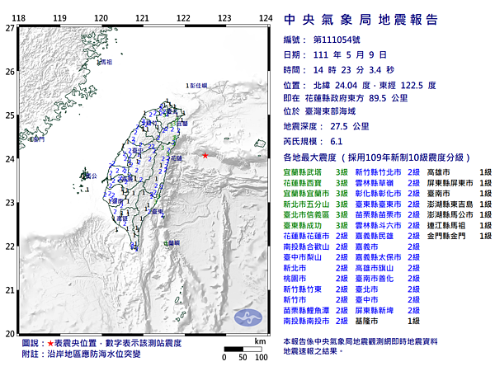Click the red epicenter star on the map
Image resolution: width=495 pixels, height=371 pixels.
pos(205,155)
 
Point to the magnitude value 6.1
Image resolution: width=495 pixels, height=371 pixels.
pos(337,141)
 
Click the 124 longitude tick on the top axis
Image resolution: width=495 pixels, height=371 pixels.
pos(266,17)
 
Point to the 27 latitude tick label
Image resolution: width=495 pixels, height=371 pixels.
pos(9,27)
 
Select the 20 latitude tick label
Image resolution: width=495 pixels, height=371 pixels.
pos(9,333)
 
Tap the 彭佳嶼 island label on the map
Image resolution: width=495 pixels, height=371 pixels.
pos(197,85)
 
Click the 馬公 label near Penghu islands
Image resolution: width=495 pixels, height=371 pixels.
pos(91,176)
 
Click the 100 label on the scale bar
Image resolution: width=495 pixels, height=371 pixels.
pos(261,357)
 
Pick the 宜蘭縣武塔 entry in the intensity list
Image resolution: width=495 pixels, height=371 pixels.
pos(301,171)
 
